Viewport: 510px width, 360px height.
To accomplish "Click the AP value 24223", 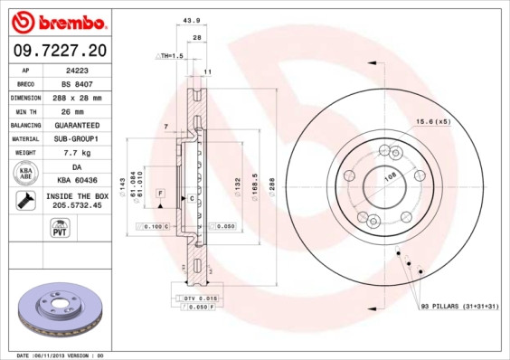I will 76,69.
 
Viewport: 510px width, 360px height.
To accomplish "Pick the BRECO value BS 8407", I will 76,82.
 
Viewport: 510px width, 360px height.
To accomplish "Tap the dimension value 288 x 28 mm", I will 76,97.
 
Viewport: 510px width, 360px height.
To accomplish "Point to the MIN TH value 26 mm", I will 76,110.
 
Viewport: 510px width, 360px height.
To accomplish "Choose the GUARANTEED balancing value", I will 76,125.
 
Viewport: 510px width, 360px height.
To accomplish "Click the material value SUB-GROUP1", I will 76,139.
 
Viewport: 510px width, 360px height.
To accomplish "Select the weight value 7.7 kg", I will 76,153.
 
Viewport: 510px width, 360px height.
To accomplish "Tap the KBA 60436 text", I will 76,181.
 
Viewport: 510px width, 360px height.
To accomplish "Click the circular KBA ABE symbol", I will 26,174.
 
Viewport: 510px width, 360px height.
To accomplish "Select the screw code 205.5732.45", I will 76,205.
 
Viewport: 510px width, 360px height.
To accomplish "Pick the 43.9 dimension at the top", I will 191,20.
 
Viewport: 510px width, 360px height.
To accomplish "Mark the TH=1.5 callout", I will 171,55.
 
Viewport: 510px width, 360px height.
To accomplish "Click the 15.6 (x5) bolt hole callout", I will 432,121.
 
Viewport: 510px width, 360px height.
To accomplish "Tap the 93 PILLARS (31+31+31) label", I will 458,308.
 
